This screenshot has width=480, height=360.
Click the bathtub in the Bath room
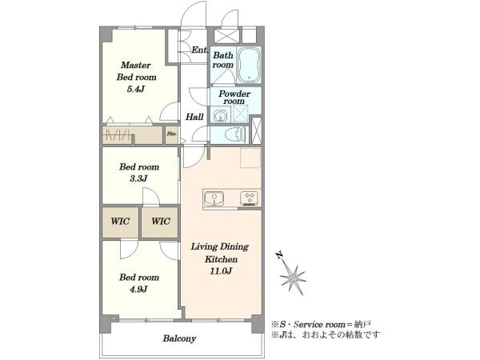pos(249,65)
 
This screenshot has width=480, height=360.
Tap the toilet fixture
pos(235,134)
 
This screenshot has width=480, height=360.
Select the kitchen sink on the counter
pos(214,198)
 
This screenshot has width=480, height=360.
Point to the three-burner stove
pos(250,198)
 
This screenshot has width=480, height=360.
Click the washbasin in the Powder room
pos(220,116)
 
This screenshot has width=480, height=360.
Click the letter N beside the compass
pos(279,254)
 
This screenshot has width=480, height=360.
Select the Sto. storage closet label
pos(172,134)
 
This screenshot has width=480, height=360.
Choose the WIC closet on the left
pos(120,222)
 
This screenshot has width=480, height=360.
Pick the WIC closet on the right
pos(160,222)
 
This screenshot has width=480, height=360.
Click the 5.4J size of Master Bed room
pos(136,90)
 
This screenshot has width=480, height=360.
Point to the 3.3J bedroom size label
pos(138,178)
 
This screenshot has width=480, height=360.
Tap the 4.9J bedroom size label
pos(138,289)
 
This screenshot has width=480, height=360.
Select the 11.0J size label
pos(221,271)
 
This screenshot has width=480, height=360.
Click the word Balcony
pos(179,338)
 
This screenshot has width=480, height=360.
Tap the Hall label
pos(194,117)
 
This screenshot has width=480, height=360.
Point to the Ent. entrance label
pos(199,50)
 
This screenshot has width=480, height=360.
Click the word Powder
pos(234,94)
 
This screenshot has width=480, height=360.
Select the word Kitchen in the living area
pos(221,259)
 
